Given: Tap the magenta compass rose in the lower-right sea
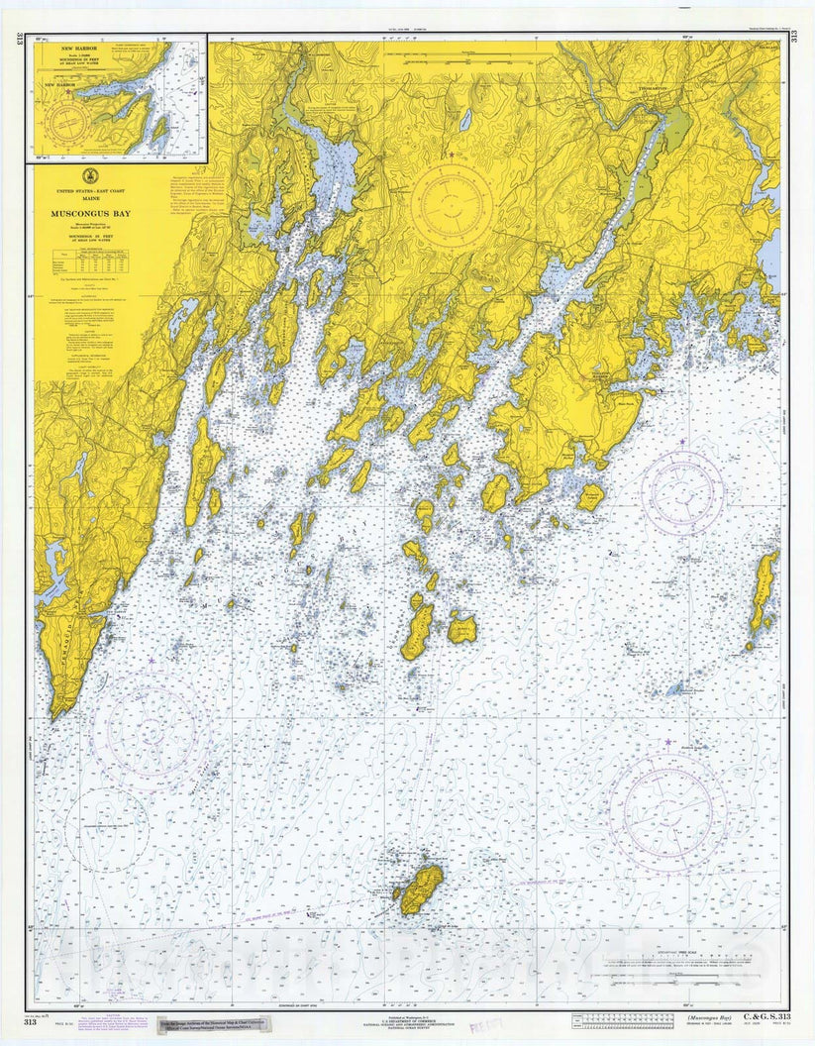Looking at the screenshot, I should coord(667,811).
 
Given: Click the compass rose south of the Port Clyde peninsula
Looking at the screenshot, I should coord(682,492).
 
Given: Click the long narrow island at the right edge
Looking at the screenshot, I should coord(763,592).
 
